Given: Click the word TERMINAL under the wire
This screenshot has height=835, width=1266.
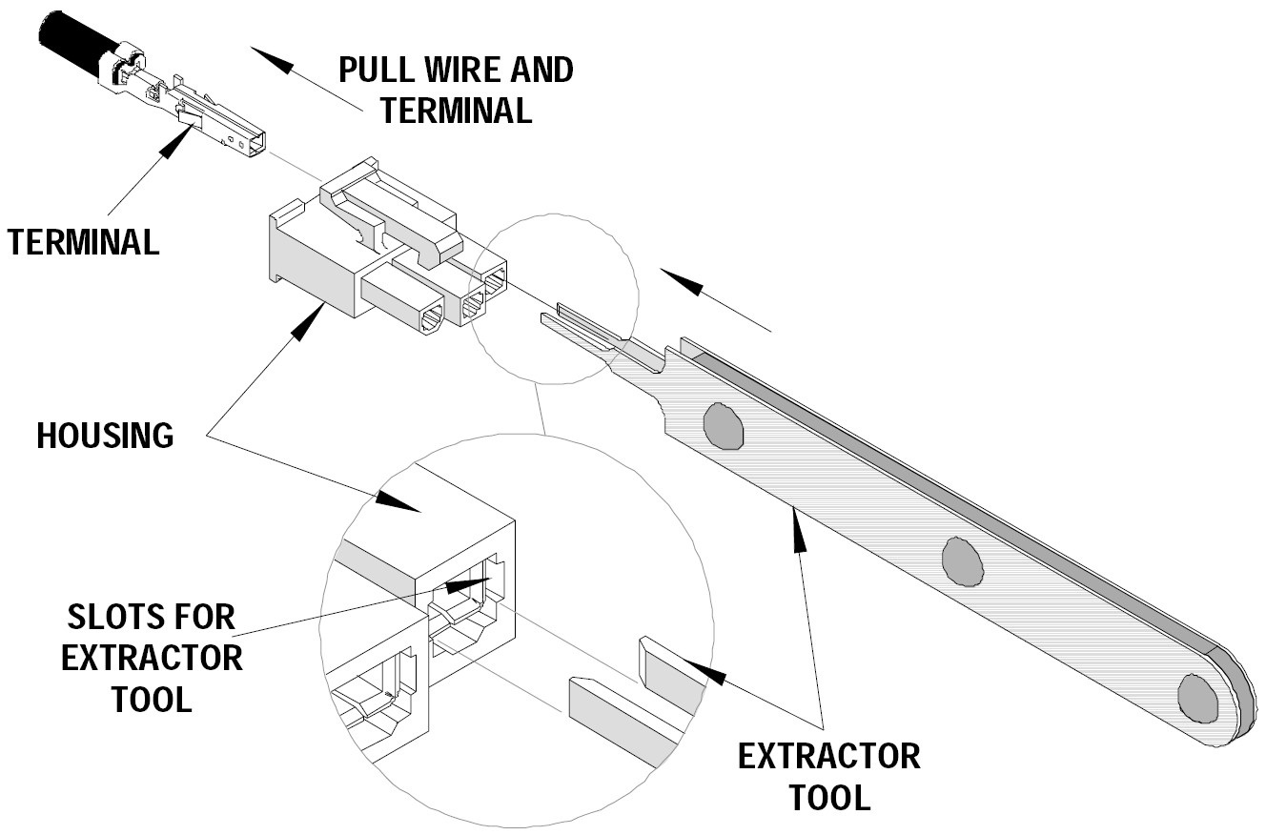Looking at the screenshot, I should pos(84,242).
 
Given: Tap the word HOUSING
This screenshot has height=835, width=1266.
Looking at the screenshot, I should pos(105,436).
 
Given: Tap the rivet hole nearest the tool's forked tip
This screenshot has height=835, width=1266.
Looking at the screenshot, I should pos(723,426).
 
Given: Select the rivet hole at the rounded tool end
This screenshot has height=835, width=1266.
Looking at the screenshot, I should pos(1199,698).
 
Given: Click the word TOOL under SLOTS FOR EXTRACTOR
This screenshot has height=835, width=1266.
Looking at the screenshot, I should pos(153,699).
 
